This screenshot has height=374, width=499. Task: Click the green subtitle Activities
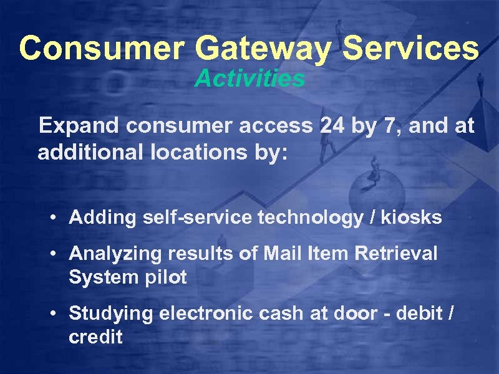click(x=249, y=79)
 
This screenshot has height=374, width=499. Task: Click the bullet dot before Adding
click(x=55, y=218)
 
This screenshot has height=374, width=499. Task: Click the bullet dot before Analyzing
click(x=55, y=254)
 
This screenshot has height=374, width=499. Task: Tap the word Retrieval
click(x=404, y=253)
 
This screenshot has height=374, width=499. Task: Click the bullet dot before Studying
click(x=55, y=314)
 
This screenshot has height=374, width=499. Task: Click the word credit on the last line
click(x=95, y=337)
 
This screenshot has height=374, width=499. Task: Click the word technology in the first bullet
click(x=283, y=218)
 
